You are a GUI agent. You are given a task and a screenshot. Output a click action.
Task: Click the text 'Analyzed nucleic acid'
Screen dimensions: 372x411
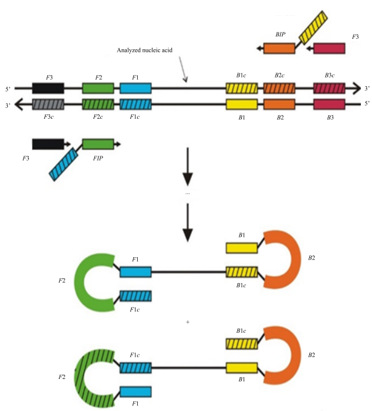point(144,50)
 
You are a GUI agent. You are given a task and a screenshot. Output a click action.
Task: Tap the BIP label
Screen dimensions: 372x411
point(280,34)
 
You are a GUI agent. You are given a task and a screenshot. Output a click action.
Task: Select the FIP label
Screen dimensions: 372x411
point(98,158)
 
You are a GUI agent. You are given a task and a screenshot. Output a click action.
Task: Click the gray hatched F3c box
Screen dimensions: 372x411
point(48,105)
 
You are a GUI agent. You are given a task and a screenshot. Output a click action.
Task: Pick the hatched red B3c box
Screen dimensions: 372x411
point(330,89)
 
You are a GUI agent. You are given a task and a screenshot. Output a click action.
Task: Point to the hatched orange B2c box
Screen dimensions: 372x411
point(279,89)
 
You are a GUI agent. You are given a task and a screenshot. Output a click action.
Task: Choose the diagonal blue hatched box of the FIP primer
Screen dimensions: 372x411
point(64,164)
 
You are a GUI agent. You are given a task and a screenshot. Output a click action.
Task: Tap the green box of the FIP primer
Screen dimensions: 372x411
point(98,144)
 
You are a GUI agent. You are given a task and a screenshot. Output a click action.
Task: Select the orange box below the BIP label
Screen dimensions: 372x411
point(279,49)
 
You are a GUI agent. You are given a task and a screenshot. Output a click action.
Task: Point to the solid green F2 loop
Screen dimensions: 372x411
point(81,282)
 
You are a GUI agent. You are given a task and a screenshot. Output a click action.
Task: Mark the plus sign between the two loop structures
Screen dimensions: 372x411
point(188,322)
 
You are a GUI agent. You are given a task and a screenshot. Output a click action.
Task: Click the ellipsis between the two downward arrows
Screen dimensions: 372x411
point(188,193)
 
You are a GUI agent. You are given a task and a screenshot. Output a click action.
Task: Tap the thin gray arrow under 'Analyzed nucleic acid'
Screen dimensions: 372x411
point(183,69)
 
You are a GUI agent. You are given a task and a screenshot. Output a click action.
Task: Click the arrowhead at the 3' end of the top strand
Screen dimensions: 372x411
point(357,89)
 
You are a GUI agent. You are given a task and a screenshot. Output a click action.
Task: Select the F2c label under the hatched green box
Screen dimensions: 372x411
point(98,117)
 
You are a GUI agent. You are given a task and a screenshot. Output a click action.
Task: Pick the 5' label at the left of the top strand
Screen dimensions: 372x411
point(8,89)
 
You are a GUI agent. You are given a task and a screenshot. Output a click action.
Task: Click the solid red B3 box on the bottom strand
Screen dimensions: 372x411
point(330,105)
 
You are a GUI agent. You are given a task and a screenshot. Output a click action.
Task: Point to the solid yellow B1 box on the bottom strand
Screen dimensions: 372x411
point(242,105)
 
